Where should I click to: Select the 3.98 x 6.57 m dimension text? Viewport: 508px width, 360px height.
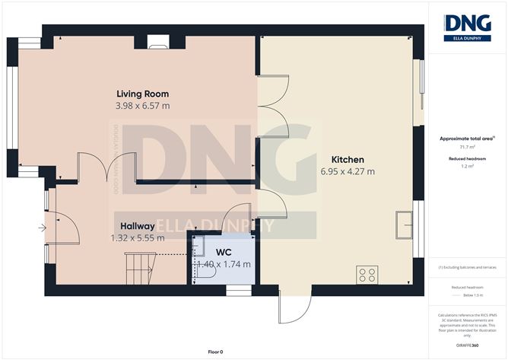click(142, 107)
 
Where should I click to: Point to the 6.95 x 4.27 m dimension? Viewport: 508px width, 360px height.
click(347, 172)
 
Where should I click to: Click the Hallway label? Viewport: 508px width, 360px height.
click(138, 226)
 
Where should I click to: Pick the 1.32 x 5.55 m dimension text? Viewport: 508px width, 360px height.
click(138, 238)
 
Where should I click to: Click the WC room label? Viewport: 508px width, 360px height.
click(224, 251)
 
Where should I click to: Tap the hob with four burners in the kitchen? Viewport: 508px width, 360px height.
click(368, 274)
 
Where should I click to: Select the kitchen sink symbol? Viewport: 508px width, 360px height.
click(402, 225)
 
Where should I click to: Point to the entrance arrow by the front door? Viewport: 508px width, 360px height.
click(41, 226)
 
